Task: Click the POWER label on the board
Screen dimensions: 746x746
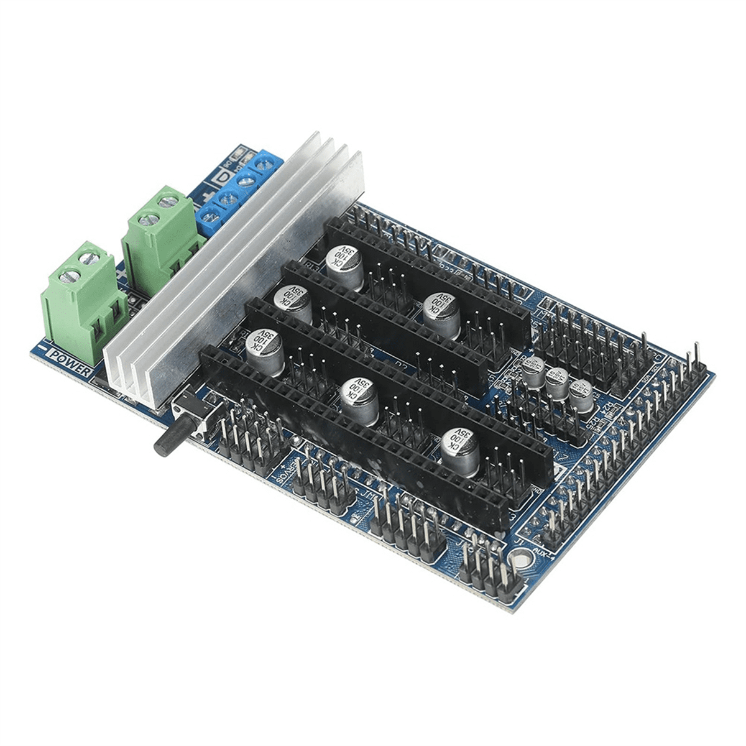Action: tap(70, 359)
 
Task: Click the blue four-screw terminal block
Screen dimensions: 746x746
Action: tap(239, 186)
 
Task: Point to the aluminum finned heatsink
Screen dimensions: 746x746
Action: tap(236, 267)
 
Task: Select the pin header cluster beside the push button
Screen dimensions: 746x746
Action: tap(249, 435)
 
